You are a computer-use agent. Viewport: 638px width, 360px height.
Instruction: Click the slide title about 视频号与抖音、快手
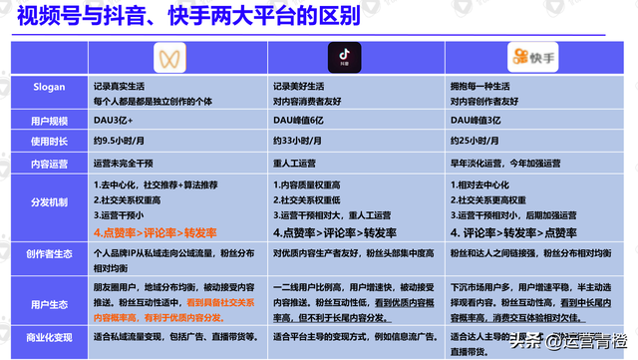(189, 19)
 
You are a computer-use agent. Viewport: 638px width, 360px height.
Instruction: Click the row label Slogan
(49, 87)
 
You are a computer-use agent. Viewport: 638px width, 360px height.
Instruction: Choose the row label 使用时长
(49, 141)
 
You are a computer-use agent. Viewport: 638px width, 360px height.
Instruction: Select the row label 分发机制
(49, 201)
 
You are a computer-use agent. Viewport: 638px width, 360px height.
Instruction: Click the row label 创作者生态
(49, 254)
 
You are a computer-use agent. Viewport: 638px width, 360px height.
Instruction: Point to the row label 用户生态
(49, 303)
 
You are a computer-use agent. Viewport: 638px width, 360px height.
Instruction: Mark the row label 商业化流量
(49, 338)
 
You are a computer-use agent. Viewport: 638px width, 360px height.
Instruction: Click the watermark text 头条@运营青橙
(573, 340)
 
